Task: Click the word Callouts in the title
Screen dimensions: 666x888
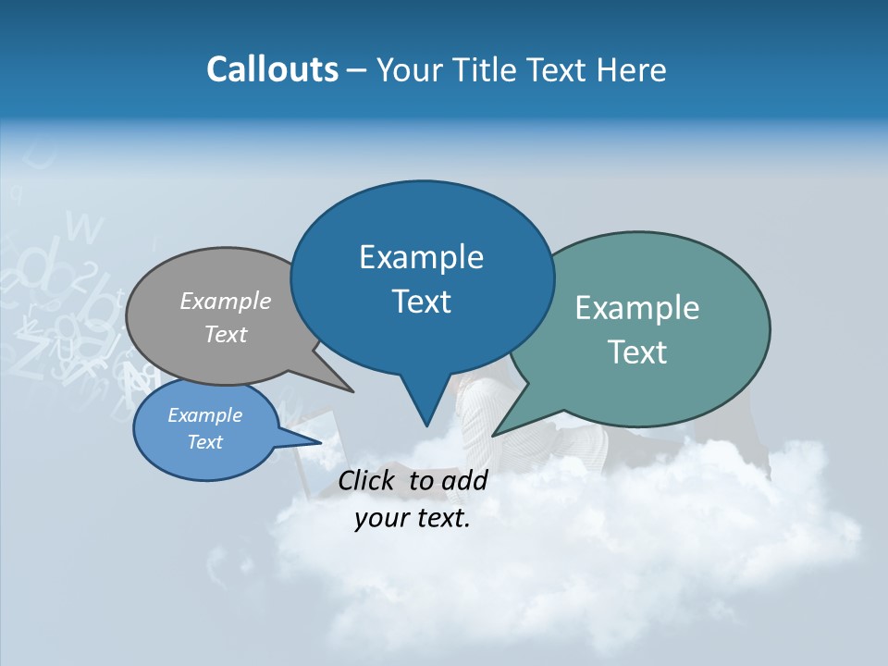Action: [x=272, y=69]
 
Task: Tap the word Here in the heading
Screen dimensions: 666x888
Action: [x=634, y=69]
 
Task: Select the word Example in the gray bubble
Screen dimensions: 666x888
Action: [x=226, y=301]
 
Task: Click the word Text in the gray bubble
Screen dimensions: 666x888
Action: [x=226, y=334]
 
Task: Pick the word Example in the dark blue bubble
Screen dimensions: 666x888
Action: [x=421, y=257]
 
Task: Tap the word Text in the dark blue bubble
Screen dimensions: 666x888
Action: [x=421, y=302]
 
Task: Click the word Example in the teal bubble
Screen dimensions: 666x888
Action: [x=637, y=308]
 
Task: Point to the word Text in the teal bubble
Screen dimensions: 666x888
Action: [x=637, y=352]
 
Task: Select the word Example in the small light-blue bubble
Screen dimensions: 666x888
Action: [x=205, y=415]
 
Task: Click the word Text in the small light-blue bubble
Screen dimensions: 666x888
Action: [x=205, y=442]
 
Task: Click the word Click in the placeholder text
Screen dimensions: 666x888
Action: [x=369, y=480]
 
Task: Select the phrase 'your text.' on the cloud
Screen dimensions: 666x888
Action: [x=413, y=519]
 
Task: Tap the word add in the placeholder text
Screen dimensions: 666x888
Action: [x=464, y=480]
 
